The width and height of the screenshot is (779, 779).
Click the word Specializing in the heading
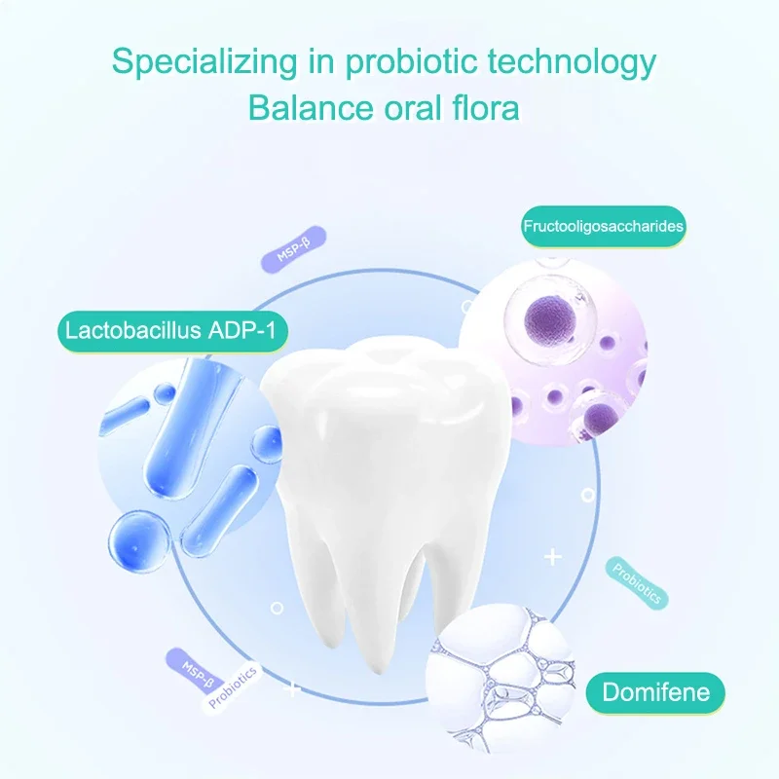click(204, 62)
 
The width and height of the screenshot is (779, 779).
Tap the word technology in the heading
click(572, 62)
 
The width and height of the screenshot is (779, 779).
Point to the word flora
click(485, 107)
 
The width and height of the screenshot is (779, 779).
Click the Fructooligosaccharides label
click(603, 227)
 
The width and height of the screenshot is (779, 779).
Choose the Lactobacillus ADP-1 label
click(172, 331)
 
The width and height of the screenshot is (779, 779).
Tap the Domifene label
click(655, 692)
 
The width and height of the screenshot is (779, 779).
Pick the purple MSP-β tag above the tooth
click(294, 249)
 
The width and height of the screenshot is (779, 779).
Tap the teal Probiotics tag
click(637, 582)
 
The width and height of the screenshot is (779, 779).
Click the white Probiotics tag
click(232, 687)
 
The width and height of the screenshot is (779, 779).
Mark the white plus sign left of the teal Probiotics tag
click(552, 557)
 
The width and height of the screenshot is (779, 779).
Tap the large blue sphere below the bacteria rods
click(139, 542)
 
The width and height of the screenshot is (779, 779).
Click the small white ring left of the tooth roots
click(277, 608)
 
